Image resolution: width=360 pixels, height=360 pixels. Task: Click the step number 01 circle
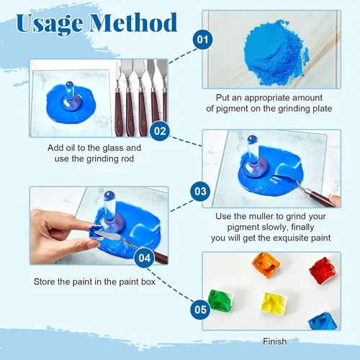tap(203, 40)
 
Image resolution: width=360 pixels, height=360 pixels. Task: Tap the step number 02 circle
tap(160, 131)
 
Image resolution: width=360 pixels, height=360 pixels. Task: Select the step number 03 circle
tap(200, 192)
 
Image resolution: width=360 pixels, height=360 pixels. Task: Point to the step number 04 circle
tap(144, 258)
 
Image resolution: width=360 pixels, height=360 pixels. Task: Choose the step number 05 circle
tap(200, 310)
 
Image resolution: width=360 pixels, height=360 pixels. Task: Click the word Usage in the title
tap(50, 24)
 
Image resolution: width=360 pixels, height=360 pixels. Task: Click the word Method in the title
tap(133, 23)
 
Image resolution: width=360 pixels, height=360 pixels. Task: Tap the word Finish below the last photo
tap(275, 341)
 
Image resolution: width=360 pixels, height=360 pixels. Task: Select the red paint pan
tap(323, 271)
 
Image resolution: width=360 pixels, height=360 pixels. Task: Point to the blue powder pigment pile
tap(276, 53)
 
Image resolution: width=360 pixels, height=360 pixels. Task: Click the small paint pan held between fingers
tap(96, 232)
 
